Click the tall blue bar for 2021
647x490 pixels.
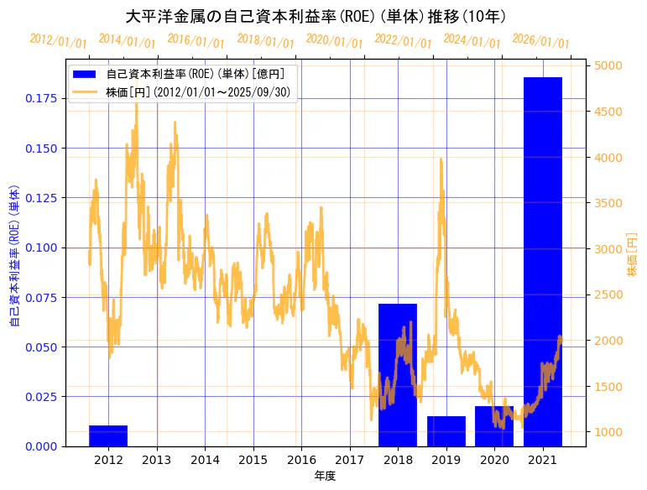[542, 261]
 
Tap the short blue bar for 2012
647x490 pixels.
[108, 435]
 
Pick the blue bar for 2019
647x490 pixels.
[446, 431]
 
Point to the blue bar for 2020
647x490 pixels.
[494, 426]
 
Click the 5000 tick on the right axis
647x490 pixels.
[608, 65]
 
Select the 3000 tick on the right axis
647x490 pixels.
[608, 249]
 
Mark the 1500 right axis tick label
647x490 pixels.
[608, 387]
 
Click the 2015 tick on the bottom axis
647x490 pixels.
[253, 459]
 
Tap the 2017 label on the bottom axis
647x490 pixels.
[350, 459]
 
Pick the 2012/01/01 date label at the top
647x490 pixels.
[57, 39]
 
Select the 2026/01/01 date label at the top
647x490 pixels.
[540, 42]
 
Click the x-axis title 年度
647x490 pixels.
[325, 476]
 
